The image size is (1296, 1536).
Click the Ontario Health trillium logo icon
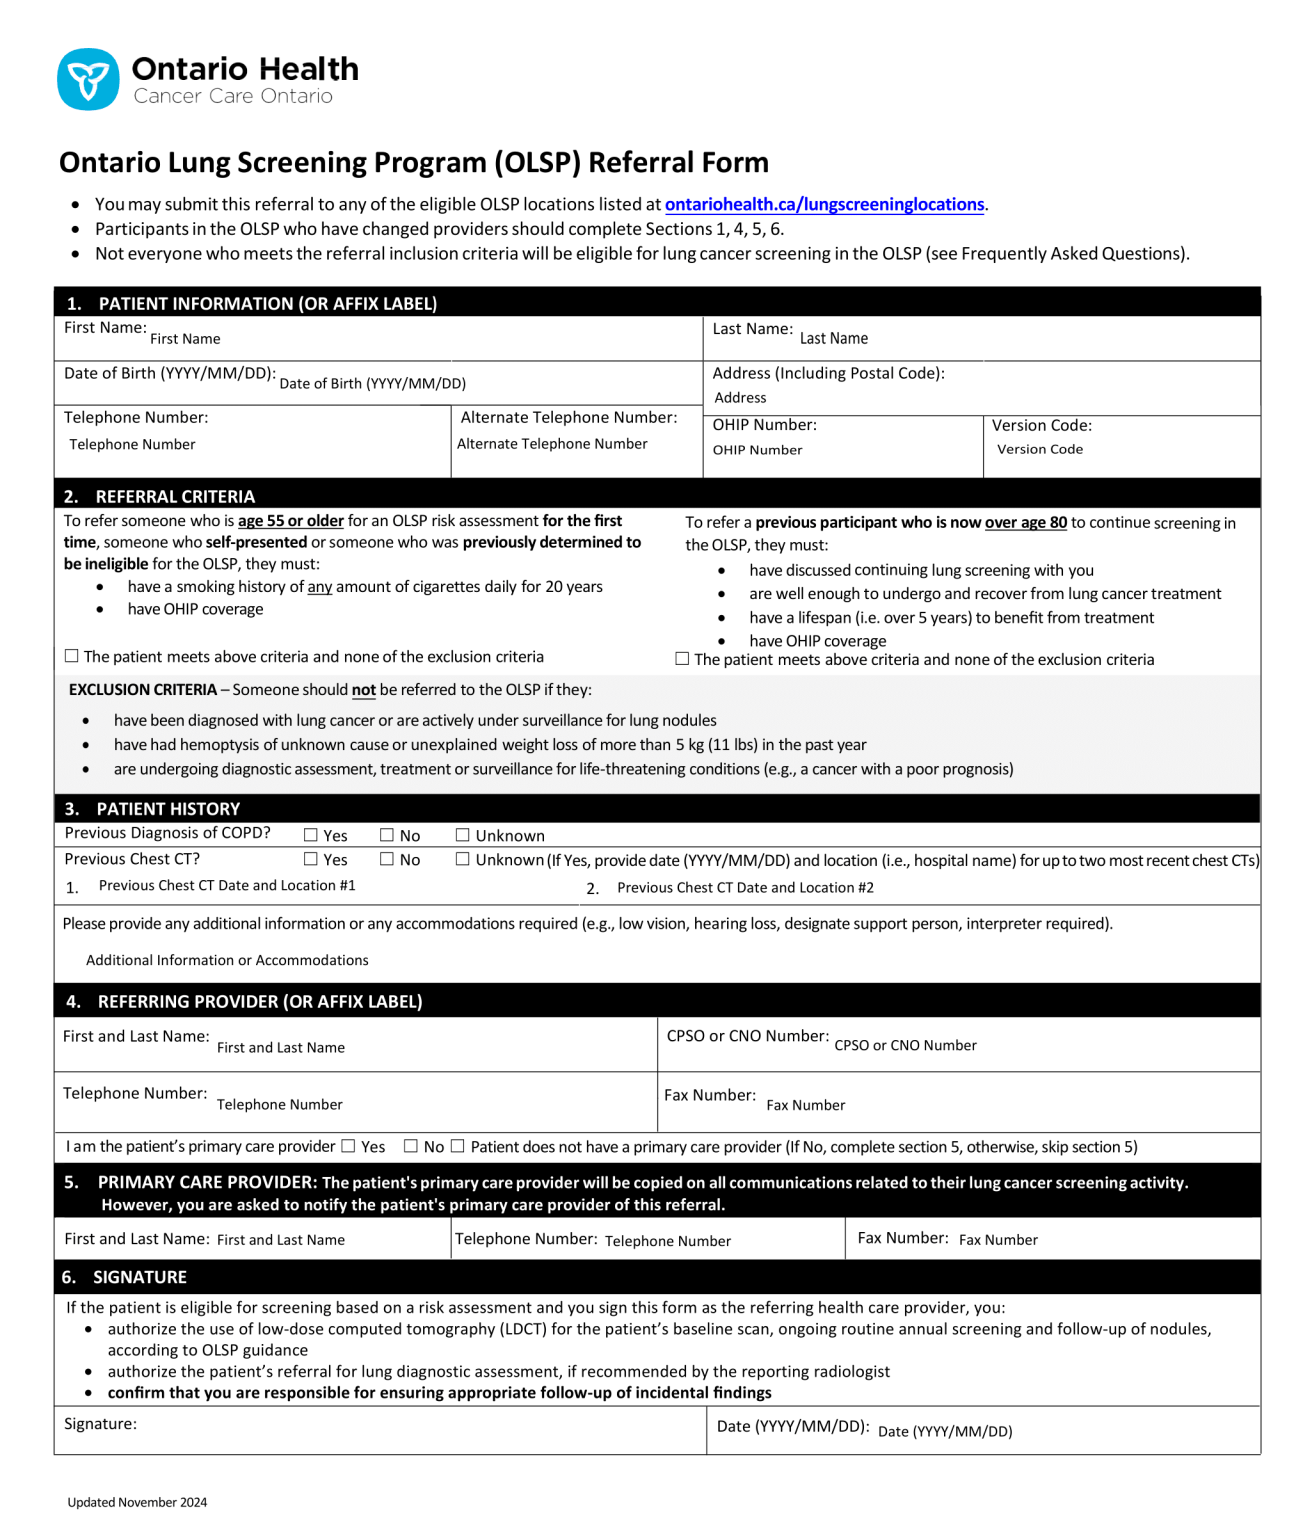point(88,79)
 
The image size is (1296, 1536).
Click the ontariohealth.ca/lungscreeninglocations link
point(824,204)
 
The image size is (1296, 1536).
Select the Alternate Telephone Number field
point(575,445)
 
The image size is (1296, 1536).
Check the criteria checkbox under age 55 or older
point(72,656)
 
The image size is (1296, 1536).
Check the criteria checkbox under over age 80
point(682,659)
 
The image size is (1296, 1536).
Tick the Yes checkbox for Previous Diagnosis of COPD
point(311,835)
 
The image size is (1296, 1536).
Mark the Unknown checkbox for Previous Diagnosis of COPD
point(463,835)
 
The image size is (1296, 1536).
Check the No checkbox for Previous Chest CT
point(387,859)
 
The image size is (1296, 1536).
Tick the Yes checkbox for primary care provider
point(349,1146)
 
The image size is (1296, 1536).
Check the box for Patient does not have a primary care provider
point(458,1146)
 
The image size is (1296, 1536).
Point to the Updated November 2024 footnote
point(137,1502)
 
